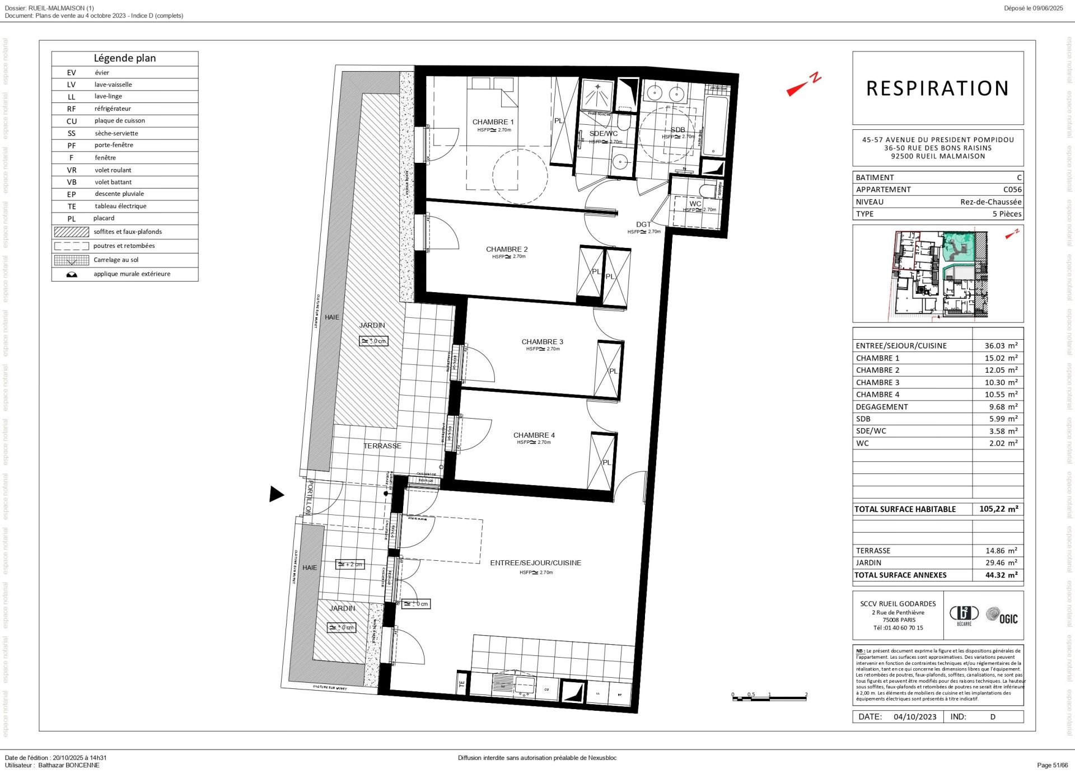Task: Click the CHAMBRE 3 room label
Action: [x=542, y=341]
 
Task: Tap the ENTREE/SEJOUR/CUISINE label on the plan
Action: [x=535, y=562]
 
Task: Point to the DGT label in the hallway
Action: [x=643, y=224]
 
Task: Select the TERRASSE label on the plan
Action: [x=382, y=446]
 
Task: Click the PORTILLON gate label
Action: [x=309, y=498]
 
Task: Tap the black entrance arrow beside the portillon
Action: [x=276, y=494]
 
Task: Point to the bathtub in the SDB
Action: [x=715, y=126]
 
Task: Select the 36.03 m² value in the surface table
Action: [x=1001, y=346]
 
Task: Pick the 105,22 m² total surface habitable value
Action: [x=998, y=509]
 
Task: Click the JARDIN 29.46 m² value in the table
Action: [x=1001, y=562]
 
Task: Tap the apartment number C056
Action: [x=1012, y=190]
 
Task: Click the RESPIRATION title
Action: [x=937, y=88]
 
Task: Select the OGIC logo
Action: [x=1002, y=616]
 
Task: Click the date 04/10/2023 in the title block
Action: [x=914, y=716]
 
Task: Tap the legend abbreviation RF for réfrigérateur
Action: [x=72, y=109]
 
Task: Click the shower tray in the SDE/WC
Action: [x=597, y=93]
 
